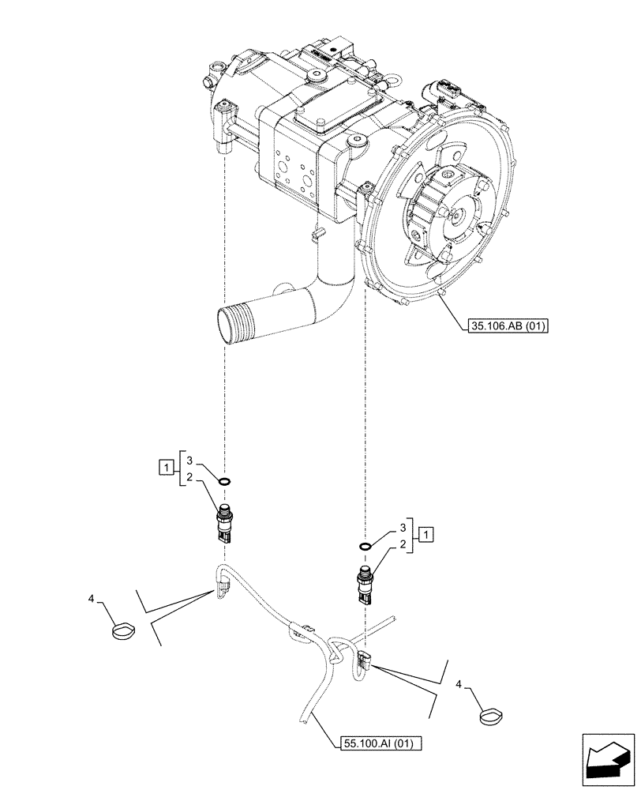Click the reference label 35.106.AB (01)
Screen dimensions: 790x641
coord(501,325)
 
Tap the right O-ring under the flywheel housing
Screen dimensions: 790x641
coord(364,546)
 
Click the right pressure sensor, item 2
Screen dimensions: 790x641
coord(365,585)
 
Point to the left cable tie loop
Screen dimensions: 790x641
coord(123,632)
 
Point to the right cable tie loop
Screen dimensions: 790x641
coord(493,717)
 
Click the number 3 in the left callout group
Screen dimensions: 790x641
coord(189,457)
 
